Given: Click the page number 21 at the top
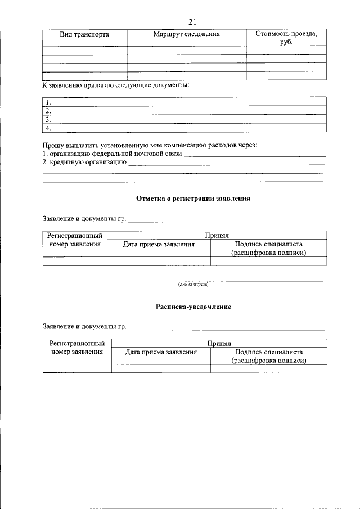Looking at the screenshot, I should point(192,22).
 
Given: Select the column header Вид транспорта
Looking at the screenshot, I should point(84,35).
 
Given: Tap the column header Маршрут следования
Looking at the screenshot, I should point(186,35).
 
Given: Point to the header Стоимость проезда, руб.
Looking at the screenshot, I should point(286,38).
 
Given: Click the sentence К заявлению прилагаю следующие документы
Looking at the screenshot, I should point(116,85).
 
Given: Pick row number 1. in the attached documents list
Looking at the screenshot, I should point(49,102).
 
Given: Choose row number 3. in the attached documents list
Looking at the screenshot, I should point(49,119).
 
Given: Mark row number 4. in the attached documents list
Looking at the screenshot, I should point(49,128).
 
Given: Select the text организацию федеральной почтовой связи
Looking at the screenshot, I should point(116,154).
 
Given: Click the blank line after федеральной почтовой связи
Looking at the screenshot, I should point(255,155).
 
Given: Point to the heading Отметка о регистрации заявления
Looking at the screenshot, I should point(193,199).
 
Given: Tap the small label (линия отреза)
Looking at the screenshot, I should point(193,284).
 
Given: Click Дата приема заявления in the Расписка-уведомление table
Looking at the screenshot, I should point(161,353).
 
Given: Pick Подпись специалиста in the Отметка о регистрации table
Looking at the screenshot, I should point(268,245).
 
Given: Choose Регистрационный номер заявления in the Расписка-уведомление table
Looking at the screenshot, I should point(77,348).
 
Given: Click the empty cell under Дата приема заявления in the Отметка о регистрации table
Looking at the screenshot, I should point(159,261).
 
